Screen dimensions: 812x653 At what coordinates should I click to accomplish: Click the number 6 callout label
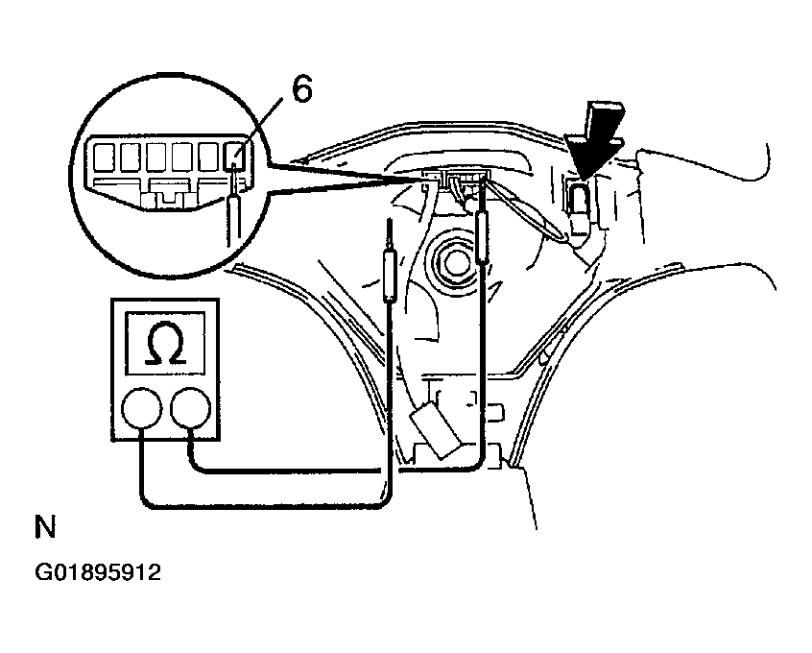[x=302, y=89]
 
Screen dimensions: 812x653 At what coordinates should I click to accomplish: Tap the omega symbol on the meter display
[x=165, y=344]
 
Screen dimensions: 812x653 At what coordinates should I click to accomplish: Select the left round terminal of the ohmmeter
[x=141, y=409]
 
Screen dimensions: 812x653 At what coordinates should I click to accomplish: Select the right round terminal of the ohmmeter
[x=191, y=409]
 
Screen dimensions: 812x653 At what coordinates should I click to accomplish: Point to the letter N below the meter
[x=45, y=527]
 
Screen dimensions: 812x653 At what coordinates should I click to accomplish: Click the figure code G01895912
[x=98, y=572]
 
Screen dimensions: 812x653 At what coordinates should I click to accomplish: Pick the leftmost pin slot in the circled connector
[x=104, y=157]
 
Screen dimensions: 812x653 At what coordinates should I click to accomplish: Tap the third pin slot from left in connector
[x=156, y=157]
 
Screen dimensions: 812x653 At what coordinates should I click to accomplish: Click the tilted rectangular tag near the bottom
[x=436, y=428]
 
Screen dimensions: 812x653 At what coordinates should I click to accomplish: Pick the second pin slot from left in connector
[x=130, y=157]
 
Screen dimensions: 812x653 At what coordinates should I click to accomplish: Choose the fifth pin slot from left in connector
[x=208, y=157]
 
